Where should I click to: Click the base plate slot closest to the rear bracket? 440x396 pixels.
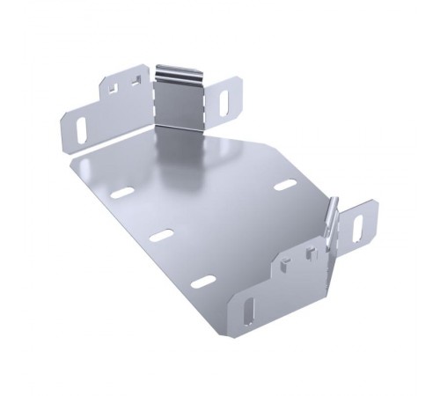click(x=123, y=192)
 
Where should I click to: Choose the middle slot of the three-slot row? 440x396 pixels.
click(x=162, y=236)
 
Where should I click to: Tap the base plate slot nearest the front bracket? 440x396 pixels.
click(x=204, y=282)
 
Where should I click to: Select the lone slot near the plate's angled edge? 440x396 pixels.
click(x=283, y=186)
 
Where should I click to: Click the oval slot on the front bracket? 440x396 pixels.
click(x=249, y=311)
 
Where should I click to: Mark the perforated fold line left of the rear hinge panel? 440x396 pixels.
click(x=152, y=99)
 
